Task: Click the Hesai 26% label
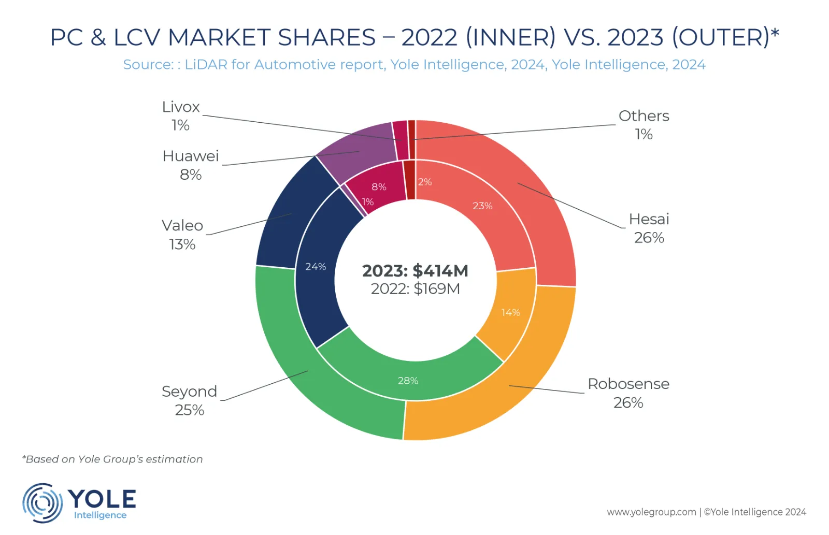click(x=649, y=228)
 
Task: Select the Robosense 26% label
click(x=628, y=393)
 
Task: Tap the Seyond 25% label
click(x=189, y=400)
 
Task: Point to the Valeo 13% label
click(x=182, y=234)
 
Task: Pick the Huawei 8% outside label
click(x=191, y=165)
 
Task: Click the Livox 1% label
click(x=180, y=115)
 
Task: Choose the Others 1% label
click(x=644, y=124)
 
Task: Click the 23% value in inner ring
click(x=482, y=206)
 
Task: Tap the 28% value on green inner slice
click(x=408, y=381)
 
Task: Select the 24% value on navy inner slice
click(x=315, y=267)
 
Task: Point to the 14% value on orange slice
click(x=510, y=312)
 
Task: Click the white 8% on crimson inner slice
click(x=379, y=187)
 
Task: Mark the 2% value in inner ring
click(x=425, y=182)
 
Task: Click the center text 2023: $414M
click(x=415, y=270)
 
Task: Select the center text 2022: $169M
click(x=415, y=288)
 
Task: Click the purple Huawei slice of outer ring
click(x=358, y=148)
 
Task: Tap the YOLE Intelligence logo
click(x=79, y=502)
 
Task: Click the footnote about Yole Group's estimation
click(x=112, y=459)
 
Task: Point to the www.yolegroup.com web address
click(x=651, y=512)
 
